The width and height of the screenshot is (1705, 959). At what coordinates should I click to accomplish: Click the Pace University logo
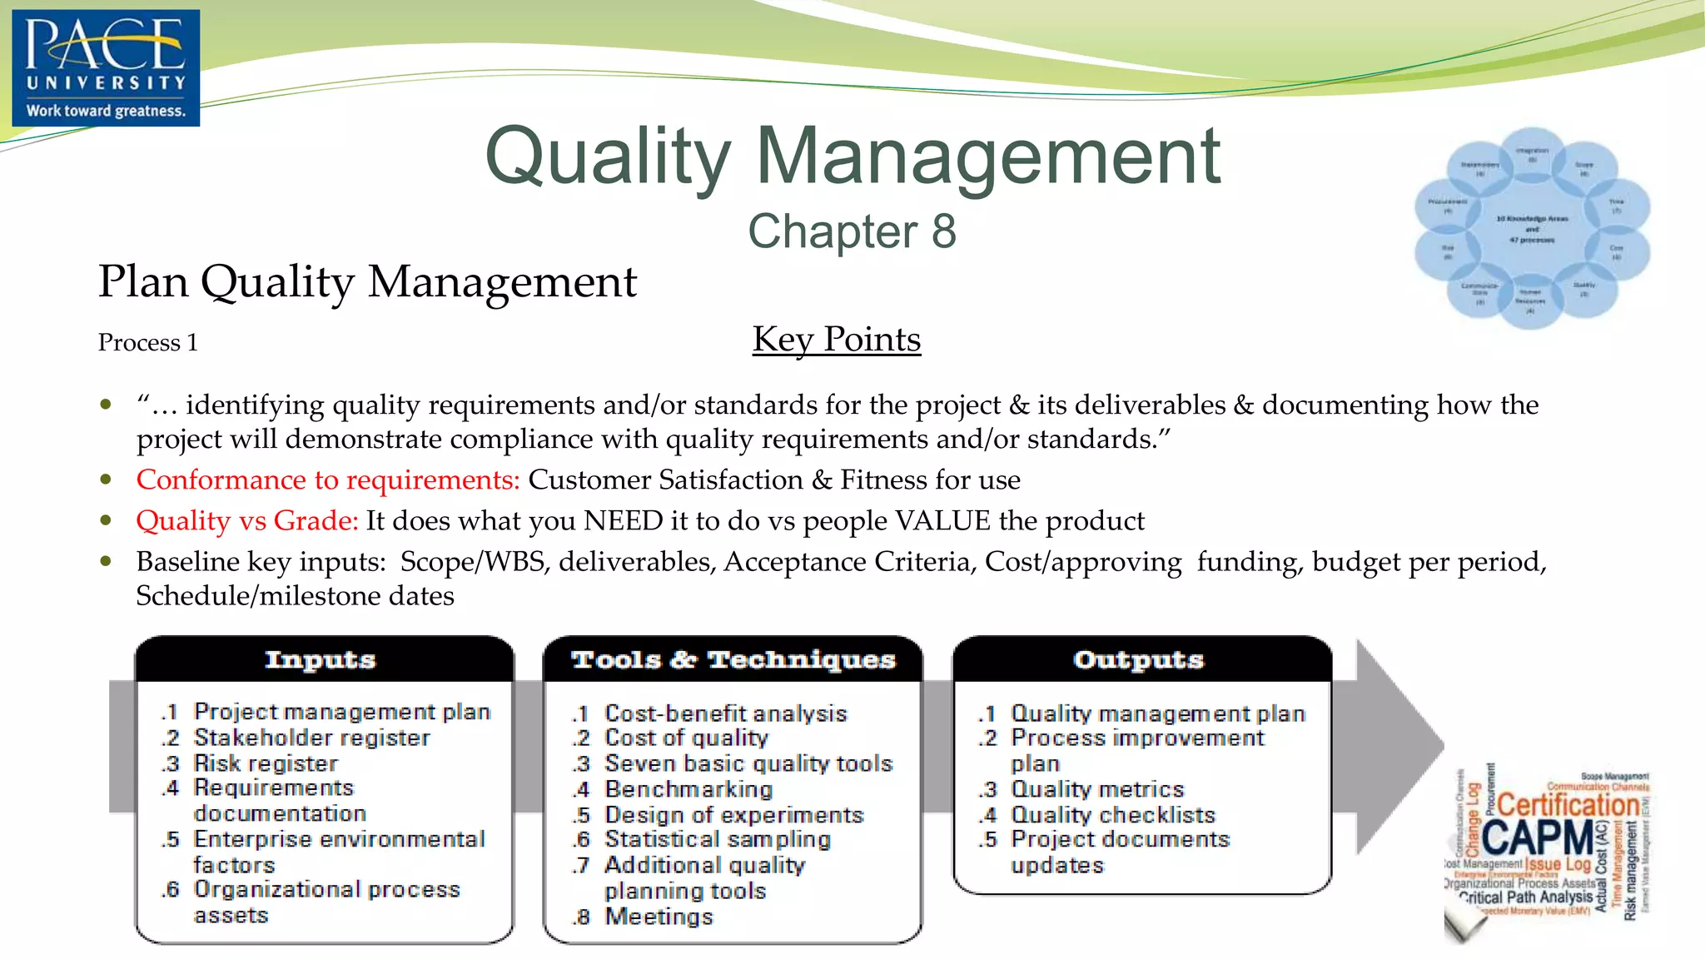(106, 67)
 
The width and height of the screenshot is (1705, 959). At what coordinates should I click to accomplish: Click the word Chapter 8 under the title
(852, 231)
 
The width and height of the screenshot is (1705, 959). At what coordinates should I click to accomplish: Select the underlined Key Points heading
(836, 340)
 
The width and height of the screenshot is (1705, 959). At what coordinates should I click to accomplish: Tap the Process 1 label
(147, 343)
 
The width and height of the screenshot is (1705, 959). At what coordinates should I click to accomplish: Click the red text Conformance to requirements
(328, 480)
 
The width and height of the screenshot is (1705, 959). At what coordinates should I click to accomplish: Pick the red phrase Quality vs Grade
(246, 521)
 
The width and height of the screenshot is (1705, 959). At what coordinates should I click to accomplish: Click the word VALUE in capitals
(942, 521)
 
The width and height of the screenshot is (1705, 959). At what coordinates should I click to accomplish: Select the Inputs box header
(321, 660)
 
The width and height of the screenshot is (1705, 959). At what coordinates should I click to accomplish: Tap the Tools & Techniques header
(733, 660)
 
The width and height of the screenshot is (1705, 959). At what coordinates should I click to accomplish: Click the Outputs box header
(1138, 660)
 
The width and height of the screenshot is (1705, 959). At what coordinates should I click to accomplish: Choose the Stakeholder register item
(311, 738)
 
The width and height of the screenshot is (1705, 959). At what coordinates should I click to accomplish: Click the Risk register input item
(266, 763)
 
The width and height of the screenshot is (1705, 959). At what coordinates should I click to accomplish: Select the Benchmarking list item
(688, 789)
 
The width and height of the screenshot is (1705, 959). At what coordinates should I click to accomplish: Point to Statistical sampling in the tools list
(717, 839)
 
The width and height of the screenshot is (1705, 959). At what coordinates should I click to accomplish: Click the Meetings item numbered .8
(658, 917)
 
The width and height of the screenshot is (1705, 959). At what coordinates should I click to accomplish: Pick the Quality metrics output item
(1096, 789)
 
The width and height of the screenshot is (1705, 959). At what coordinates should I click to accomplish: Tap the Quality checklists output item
(1112, 815)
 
